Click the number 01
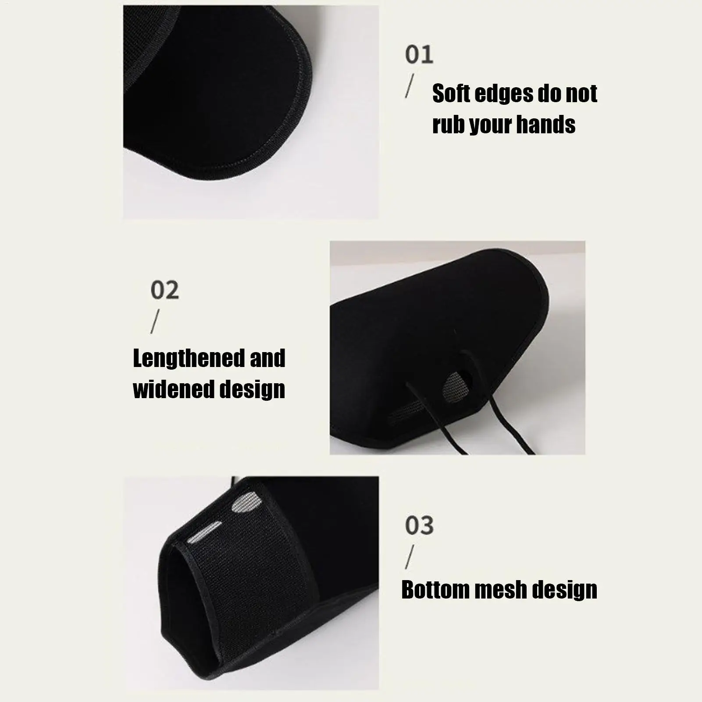click(419, 55)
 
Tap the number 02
click(165, 290)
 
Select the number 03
click(419, 525)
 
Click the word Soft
click(451, 94)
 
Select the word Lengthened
click(189, 359)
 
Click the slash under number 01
click(410, 86)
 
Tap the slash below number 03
click(410, 557)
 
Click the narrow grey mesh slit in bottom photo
click(204, 532)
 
